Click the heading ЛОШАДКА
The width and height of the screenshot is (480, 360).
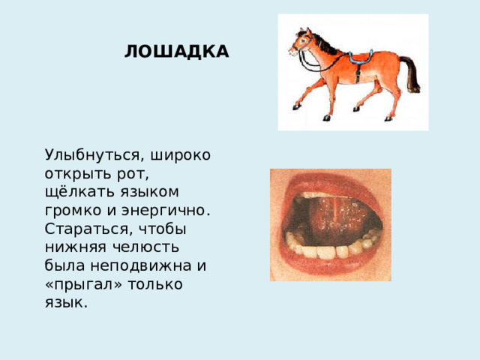tap(176, 52)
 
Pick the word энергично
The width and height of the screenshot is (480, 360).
tap(171, 211)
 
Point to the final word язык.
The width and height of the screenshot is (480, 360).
tap(64, 302)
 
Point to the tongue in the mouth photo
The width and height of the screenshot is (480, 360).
tap(329, 217)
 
